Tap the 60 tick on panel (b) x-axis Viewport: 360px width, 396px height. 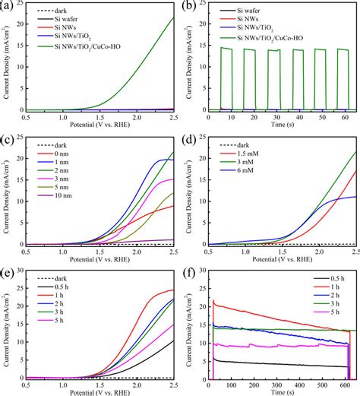[x=345, y=117]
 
